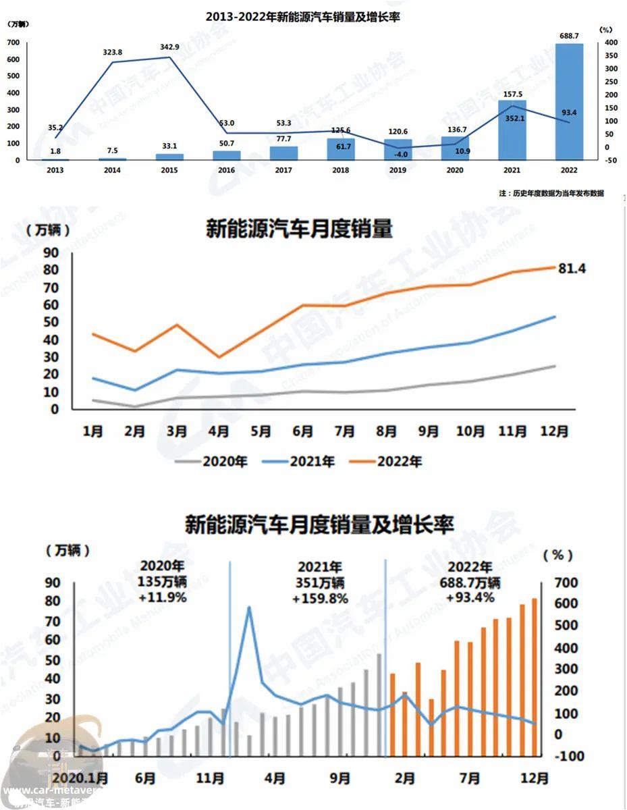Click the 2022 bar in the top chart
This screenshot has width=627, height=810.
[x=569, y=101]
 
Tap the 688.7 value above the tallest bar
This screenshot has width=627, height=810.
[x=569, y=36]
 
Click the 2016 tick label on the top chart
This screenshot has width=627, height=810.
[x=226, y=170]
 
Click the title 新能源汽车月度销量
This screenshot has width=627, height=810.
[x=298, y=230]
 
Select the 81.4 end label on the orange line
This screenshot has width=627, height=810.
[x=572, y=269]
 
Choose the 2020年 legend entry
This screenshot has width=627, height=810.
[x=211, y=462]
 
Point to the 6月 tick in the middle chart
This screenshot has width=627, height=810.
[x=303, y=431]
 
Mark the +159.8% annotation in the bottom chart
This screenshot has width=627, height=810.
[x=320, y=598]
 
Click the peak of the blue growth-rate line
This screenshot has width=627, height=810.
[x=249, y=607]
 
